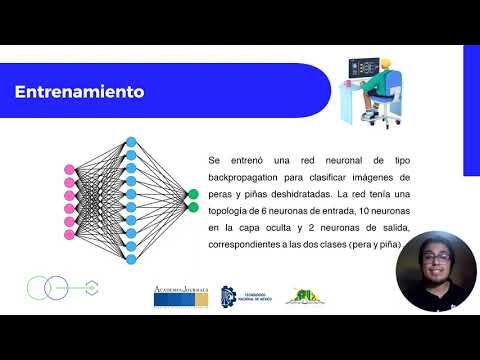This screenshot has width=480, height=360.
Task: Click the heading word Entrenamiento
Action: (x=79, y=92)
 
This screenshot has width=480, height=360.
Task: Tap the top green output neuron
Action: (x=192, y=194)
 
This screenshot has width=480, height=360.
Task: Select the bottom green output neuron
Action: (x=192, y=208)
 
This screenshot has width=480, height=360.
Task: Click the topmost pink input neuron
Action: (x=69, y=168)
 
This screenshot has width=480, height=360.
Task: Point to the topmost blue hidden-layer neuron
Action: (x=131, y=142)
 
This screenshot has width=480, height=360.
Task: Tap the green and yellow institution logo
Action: (x=303, y=295)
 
